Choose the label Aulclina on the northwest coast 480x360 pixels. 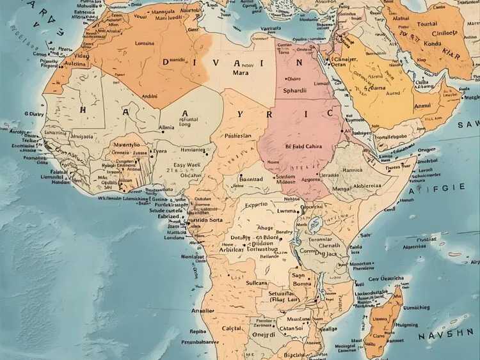click(71, 65)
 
